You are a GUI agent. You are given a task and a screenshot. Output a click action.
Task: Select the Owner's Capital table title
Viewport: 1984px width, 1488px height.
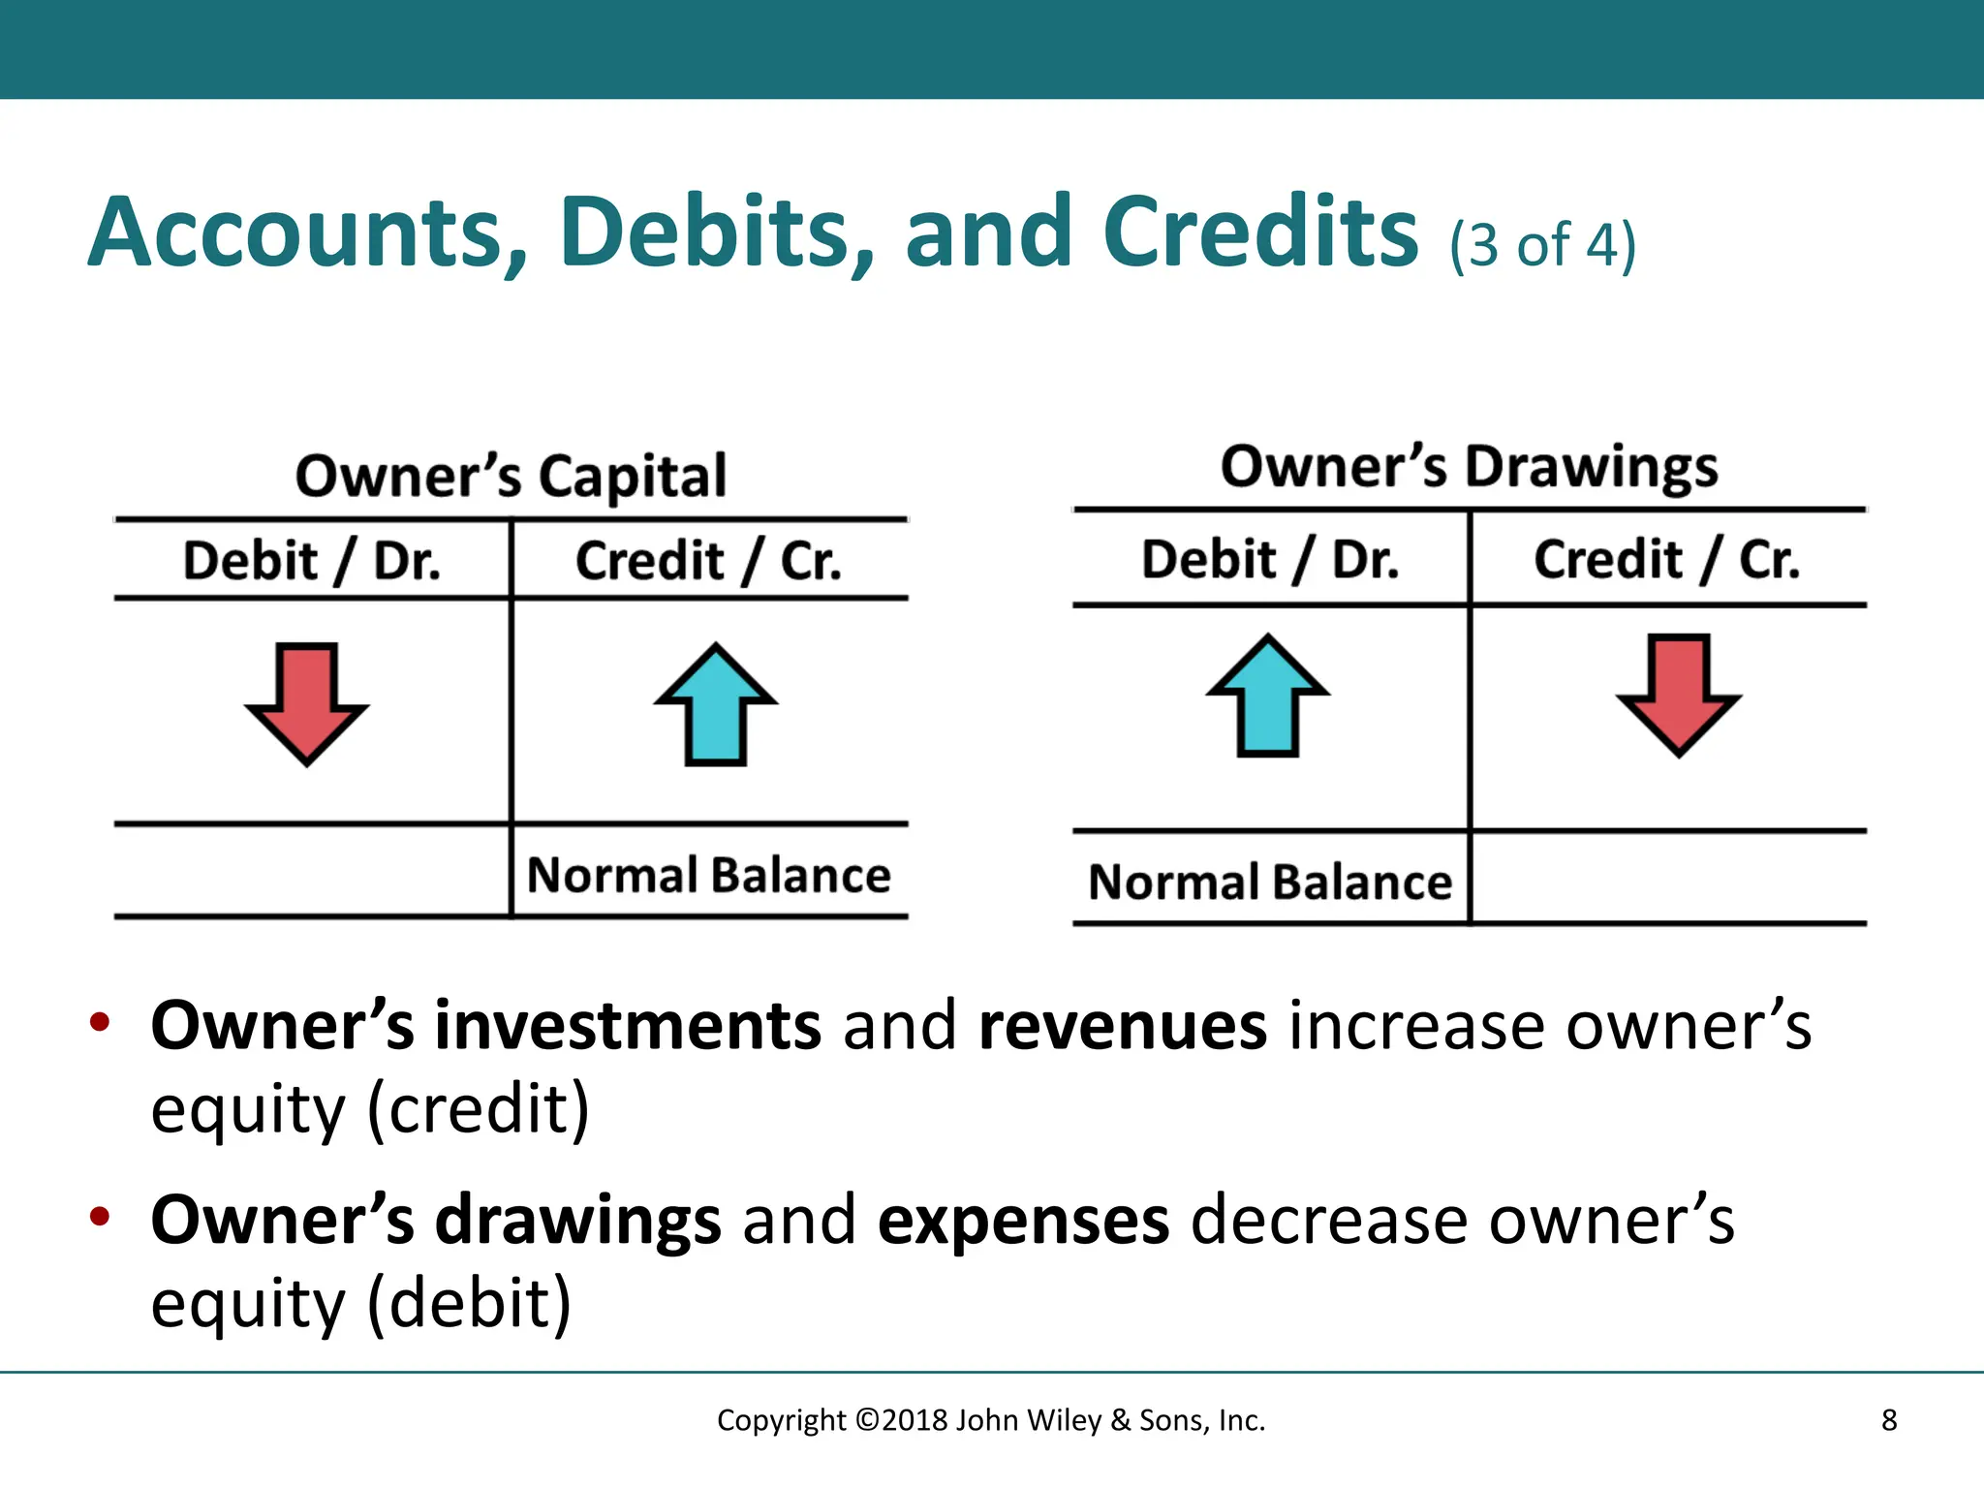pyautogui.click(x=511, y=476)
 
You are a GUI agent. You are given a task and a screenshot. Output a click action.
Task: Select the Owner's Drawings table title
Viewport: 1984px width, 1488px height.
pyautogui.click(x=1469, y=467)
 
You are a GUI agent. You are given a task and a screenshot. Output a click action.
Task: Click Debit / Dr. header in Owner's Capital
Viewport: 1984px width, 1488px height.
pyautogui.click(x=312, y=561)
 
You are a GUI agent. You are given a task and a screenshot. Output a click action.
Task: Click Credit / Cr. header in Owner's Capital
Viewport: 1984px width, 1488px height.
pyautogui.click(x=708, y=561)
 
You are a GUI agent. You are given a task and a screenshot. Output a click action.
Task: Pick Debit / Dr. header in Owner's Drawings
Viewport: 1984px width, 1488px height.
pyautogui.click(x=1270, y=559)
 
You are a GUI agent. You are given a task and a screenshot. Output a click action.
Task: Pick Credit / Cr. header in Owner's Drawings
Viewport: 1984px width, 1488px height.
pyautogui.click(x=1666, y=559)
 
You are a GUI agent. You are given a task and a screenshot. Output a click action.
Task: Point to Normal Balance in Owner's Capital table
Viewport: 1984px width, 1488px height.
pyautogui.click(x=708, y=875)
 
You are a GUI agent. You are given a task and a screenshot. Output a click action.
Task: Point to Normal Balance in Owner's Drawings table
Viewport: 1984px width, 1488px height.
pyautogui.click(x=1270, y=883)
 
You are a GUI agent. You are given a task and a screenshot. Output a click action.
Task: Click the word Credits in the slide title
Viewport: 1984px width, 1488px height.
pyautogui.click(x=1260, y=232)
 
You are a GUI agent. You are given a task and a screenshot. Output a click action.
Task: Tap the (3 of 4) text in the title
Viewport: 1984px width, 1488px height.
pyautogui.click(x=1542, y=244)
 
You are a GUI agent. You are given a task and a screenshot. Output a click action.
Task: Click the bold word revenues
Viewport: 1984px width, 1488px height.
pyautogui.click(x=1122, y=1026)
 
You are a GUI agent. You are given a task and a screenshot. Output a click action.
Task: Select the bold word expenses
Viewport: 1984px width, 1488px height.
pyautogui.click(x=1023, y=1220)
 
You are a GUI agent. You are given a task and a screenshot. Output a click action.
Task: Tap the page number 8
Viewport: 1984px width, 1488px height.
pyautogui.click(x=1888, y=1420)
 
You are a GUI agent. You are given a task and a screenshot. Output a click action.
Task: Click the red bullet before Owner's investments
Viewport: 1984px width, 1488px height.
pyautogui.click(x=99, y=1022)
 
